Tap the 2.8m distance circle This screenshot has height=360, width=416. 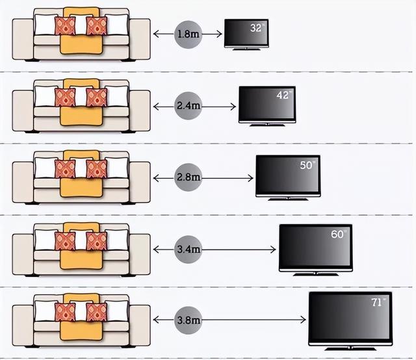188,177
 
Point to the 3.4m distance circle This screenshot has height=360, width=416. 188,248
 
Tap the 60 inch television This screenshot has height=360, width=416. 315,248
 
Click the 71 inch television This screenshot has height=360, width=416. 350,318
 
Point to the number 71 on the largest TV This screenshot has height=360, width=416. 377,302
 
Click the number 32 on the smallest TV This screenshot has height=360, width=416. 256,27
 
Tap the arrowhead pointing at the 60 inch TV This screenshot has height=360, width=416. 275,248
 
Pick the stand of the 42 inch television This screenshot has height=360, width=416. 267,123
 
